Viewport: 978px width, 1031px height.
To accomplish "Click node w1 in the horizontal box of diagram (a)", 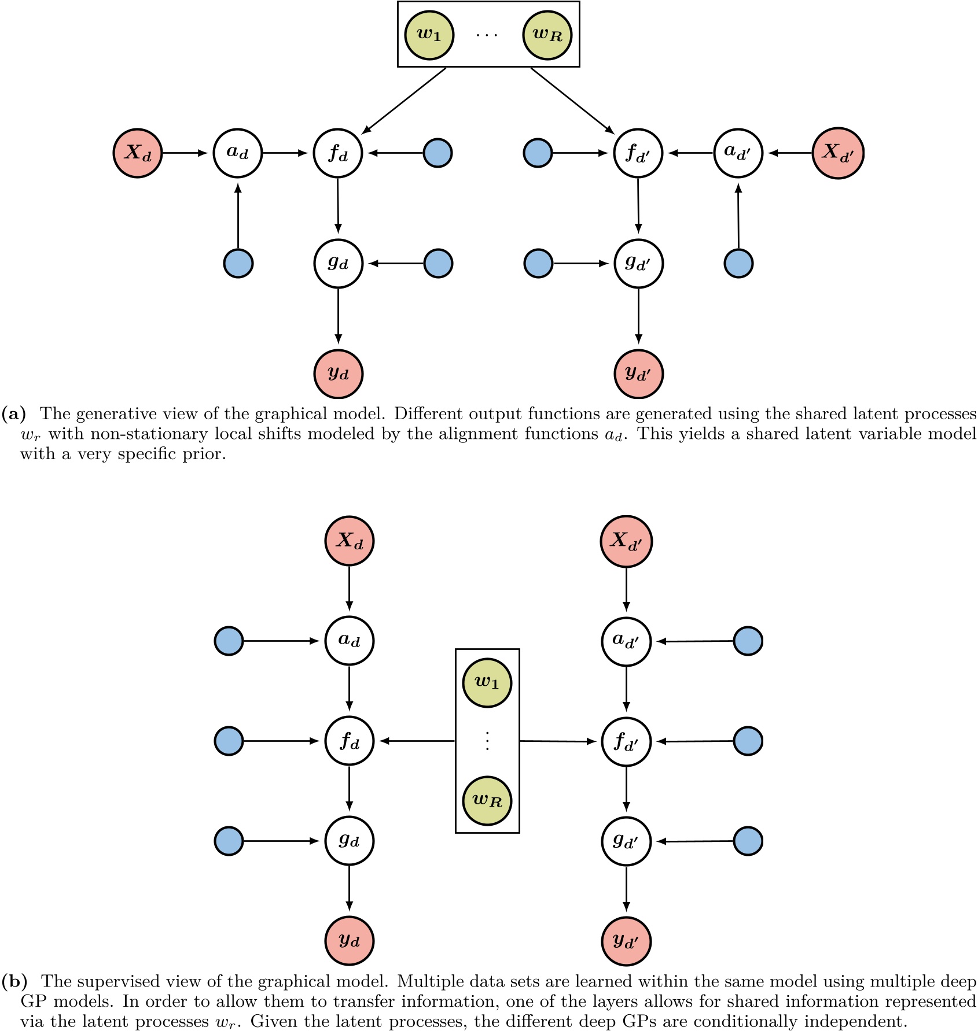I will (x=429, y=35).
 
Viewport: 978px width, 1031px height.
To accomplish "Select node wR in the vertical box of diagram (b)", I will (x=487, y=800).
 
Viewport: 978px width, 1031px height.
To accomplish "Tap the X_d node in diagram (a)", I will (x=138, y=153).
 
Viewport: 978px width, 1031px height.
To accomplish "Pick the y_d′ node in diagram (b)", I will (x=626, y=941).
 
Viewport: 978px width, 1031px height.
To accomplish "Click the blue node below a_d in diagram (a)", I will (x=238, y=264).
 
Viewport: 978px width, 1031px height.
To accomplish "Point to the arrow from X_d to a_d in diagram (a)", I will (x=185, y=153).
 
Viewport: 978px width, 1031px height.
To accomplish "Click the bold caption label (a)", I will (x=14, y=414).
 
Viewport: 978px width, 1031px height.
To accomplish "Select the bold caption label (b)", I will (x=14, y=982).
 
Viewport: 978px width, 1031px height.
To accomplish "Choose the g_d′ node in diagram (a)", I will (x=638, y=264).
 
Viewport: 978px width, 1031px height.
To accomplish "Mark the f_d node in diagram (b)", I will (x=349, y=741).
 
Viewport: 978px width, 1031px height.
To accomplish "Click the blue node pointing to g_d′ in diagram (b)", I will (x=748, y=841).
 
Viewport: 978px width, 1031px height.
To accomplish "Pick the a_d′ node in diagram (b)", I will (x=626, y=641).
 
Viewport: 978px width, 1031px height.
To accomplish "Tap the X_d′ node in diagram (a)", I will (x=838, y=153).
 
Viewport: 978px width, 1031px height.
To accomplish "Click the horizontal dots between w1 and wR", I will (x=487, y=35).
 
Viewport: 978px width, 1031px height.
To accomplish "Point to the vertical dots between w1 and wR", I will (x=487, y=741).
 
